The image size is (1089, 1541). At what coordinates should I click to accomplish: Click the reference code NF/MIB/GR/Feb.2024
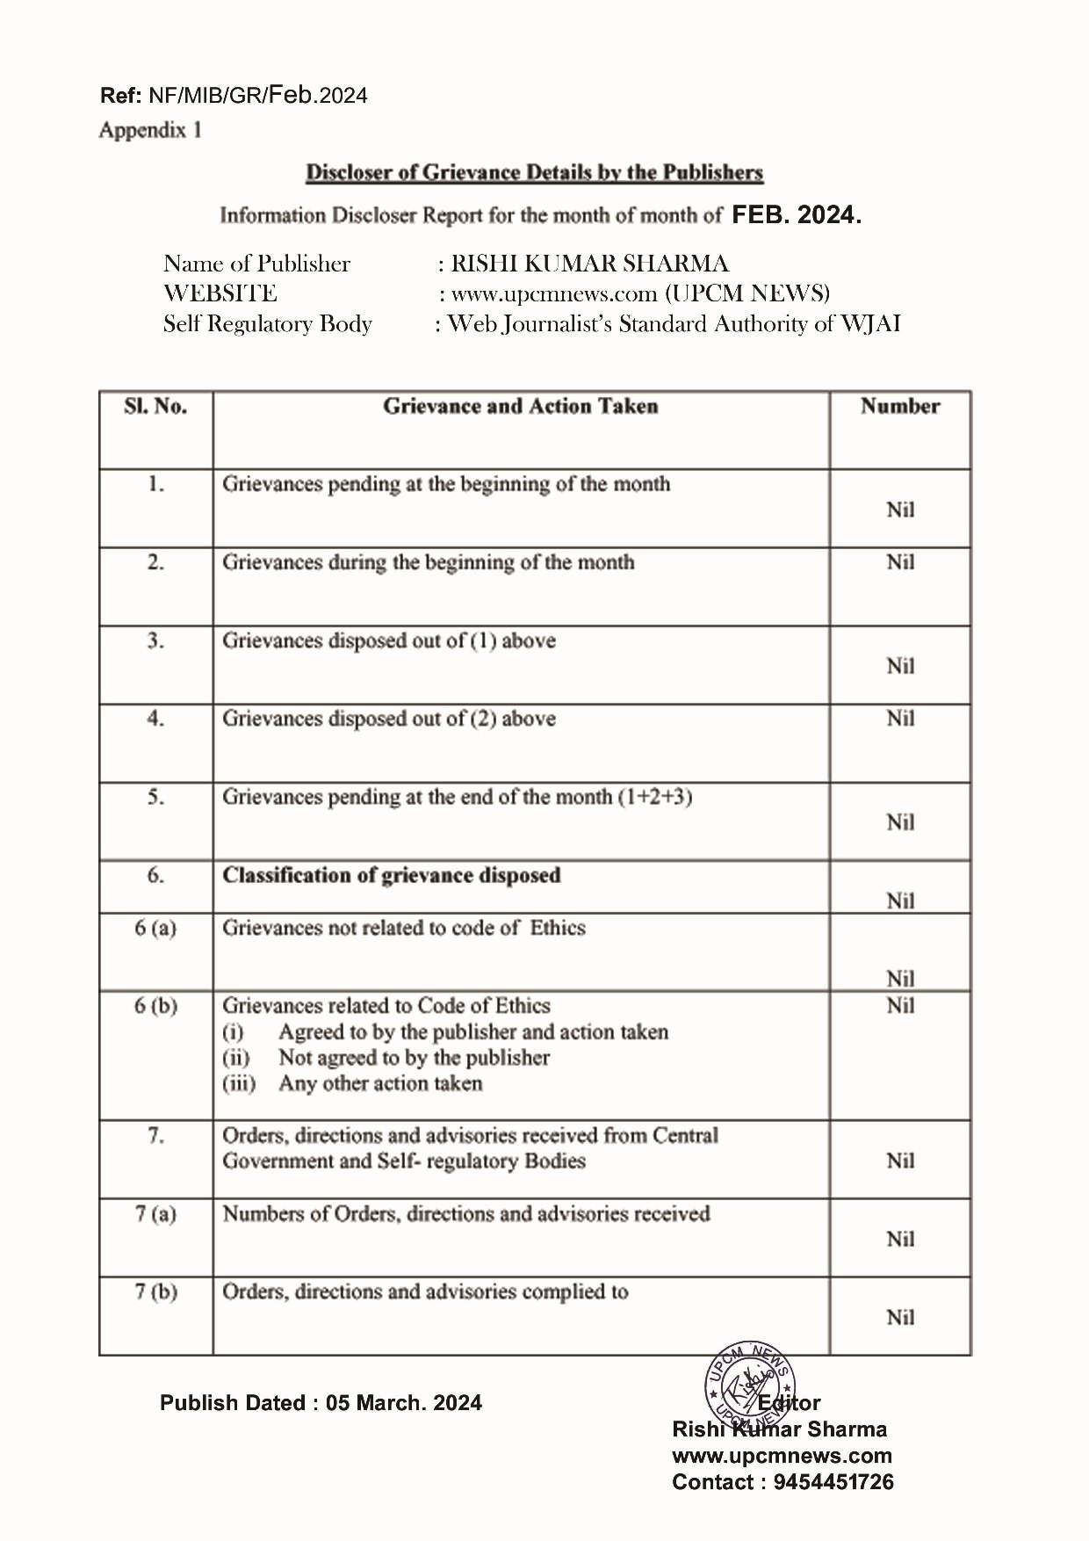258,96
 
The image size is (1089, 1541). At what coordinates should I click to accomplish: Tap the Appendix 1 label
150,130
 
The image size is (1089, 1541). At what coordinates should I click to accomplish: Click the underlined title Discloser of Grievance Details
534,173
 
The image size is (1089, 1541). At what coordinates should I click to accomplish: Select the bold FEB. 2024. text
797,215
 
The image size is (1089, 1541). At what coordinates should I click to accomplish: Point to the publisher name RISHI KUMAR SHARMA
589,264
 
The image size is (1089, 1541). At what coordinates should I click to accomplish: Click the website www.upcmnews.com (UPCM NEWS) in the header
640,293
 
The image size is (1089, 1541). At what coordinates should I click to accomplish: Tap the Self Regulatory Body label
267,324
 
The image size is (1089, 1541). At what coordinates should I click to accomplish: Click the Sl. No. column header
155,406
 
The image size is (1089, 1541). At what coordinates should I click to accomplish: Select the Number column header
899,406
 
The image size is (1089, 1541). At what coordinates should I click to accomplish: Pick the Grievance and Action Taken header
520,406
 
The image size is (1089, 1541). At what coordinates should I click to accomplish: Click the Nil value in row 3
900,666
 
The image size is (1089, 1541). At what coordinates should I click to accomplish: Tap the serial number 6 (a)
155,928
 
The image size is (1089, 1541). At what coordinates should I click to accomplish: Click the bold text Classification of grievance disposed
391,876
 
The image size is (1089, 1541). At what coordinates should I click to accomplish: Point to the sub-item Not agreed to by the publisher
414,1058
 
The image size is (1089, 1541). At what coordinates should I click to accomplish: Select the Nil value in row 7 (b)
900,1317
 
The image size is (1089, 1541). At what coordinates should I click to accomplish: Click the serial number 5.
155,797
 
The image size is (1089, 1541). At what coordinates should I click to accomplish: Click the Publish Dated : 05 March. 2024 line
321,1403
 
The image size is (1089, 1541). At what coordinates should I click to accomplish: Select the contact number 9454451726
833,1482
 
